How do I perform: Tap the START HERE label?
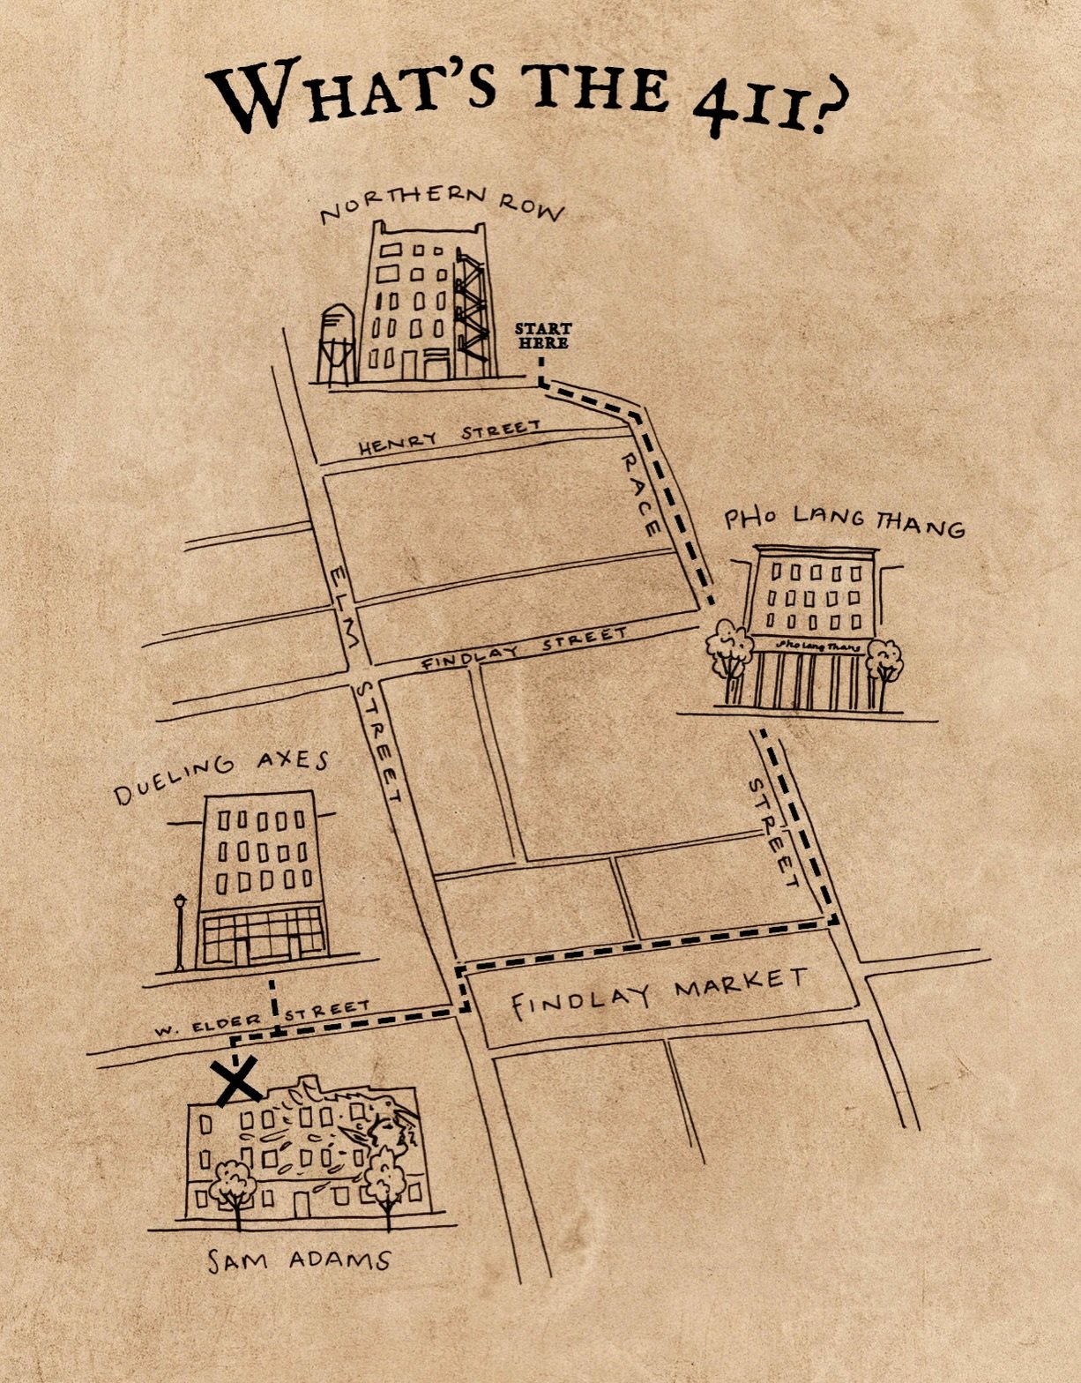click(543, 336)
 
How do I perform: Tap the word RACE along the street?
click(638, 494)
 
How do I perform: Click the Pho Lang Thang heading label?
click(844, 521)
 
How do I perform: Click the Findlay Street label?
click(524, 650)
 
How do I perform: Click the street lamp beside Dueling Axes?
click(180, 931)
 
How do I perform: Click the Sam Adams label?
click(298, 1260)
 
